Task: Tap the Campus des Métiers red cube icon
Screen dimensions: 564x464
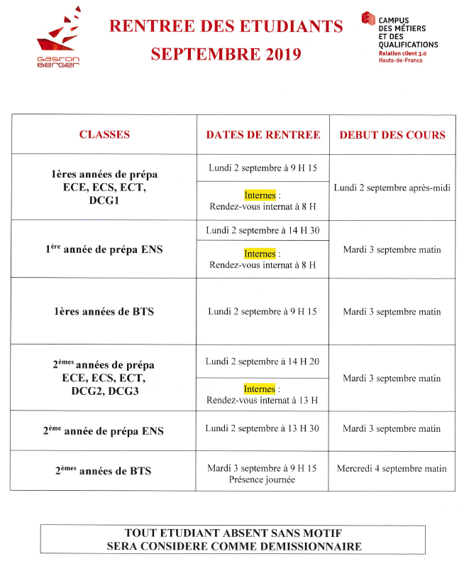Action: pos(368,19)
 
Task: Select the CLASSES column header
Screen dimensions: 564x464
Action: pos(104,134)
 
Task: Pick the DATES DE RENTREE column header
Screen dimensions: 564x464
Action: pos(263,134)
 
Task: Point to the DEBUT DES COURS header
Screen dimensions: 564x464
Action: pos(392,134)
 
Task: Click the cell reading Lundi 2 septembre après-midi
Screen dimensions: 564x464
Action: pos(392,188)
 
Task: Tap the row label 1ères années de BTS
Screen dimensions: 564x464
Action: pos(104,311)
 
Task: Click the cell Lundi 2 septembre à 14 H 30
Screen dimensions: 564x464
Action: pos(263,230)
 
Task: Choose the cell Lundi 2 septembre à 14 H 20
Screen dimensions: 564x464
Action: pos(263,361)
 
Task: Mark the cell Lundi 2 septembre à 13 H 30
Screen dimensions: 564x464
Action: pos(263,428)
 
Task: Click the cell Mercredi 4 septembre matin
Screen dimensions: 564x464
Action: pos(392,468)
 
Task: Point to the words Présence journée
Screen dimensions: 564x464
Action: pos(263,479)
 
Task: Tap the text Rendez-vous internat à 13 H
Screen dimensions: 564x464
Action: pos(263,400)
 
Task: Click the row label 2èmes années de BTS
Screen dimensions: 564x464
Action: pos(104,470)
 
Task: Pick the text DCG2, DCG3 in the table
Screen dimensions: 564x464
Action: pos(104,391)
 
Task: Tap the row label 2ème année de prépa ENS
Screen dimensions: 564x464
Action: pos(104,430)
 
